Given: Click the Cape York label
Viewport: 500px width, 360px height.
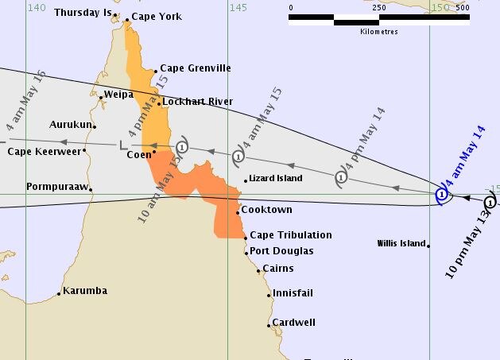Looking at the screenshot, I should point(157,17).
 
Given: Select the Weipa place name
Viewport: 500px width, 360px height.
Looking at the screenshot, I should point(118,94).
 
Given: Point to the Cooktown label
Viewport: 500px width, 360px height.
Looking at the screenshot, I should point(267,210).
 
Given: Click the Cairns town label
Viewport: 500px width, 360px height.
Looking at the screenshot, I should point(277,269).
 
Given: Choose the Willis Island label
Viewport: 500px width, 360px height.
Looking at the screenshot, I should point(401,243).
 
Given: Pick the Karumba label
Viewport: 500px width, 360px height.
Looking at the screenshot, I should point(85,291).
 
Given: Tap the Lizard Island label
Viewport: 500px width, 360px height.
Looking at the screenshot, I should point(276,179).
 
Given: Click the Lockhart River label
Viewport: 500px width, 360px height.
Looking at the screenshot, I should point(196,102).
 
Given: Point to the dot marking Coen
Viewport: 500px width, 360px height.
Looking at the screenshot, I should point(154,152).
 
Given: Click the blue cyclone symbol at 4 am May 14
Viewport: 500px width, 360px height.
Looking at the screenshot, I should point(442,194).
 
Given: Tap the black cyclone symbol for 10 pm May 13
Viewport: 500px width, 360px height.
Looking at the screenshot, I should point(490,202).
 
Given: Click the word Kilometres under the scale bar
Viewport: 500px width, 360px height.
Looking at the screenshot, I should point(378,32).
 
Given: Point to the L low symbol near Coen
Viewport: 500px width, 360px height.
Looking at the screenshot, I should point(122,145).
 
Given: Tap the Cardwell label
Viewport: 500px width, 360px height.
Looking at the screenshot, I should point(293,323).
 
